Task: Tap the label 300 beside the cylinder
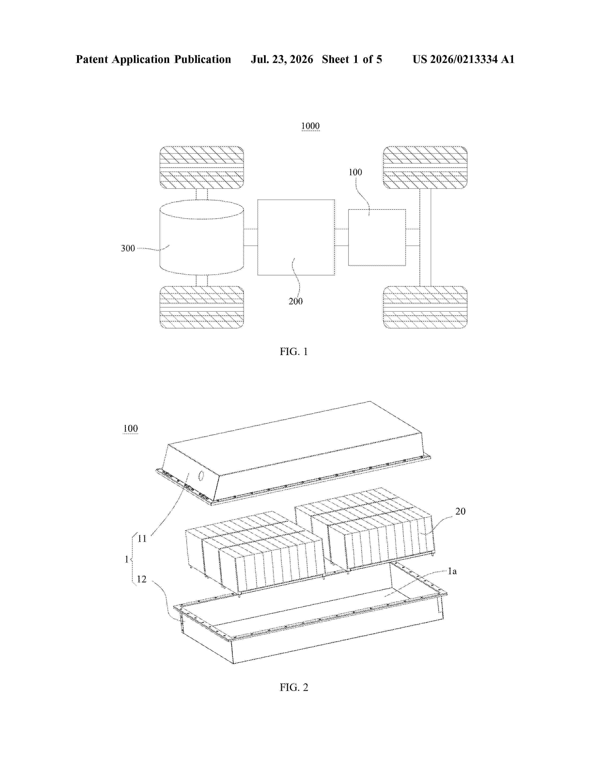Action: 128,248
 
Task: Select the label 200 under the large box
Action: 296,301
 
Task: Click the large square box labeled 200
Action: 296,237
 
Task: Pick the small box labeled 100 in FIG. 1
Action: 377,237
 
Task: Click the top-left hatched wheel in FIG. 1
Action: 202,167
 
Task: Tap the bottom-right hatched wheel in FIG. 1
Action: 425,307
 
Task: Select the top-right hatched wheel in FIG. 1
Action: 425,167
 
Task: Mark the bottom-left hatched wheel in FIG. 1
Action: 202,307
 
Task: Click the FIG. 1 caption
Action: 294,352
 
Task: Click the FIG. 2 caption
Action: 294,687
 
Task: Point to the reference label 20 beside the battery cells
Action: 460,511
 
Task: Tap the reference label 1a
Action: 452,571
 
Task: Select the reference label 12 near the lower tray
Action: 142,579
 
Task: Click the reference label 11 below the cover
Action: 142,539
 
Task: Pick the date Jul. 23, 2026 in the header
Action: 282,59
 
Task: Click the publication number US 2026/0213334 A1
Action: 463,59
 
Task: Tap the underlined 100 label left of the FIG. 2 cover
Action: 130,429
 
